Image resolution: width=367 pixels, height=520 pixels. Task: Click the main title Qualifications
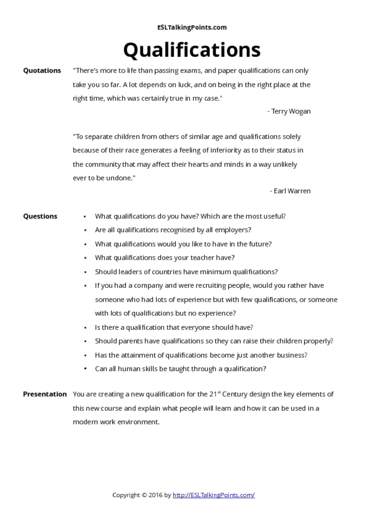click(192, 50)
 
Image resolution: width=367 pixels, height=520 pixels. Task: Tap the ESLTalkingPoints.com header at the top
click(192, 27)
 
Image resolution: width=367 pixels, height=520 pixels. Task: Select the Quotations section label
click(42, 71)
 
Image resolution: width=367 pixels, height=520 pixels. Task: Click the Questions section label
click(40, 216)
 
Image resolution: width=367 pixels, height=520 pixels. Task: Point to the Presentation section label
click(45, 394)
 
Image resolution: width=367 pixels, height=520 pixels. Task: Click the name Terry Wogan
click(291, 111)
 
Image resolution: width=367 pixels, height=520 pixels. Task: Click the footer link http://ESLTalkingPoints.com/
click(213, 495)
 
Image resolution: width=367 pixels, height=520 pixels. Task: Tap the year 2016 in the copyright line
click(156, 495)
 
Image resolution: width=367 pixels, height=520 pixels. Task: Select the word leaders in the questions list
click(128, 272)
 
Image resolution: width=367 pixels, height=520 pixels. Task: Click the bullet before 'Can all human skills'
click(85, 369)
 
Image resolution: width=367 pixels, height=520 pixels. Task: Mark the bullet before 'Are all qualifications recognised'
click(85, 230)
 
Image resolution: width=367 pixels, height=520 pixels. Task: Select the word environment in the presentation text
click(136, 422)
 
